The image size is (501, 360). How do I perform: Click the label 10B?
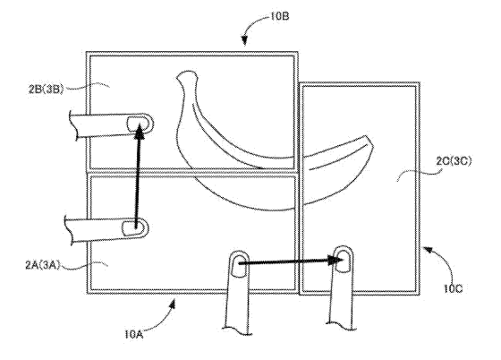(279, 16)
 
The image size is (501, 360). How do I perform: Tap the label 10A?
(134, 334)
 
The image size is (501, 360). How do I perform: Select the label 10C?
(453, 288)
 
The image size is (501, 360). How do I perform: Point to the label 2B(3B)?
(46, 89)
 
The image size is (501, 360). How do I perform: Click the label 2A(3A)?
(43, 265)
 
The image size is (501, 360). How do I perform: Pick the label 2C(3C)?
(454, 161)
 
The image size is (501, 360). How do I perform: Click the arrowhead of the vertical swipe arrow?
(140, 132)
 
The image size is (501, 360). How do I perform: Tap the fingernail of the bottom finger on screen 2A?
(240, 265)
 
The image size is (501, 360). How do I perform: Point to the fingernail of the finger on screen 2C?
(344, 261)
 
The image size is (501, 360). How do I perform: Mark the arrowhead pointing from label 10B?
(244, 40)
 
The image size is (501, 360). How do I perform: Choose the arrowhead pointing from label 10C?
(428, 249)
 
